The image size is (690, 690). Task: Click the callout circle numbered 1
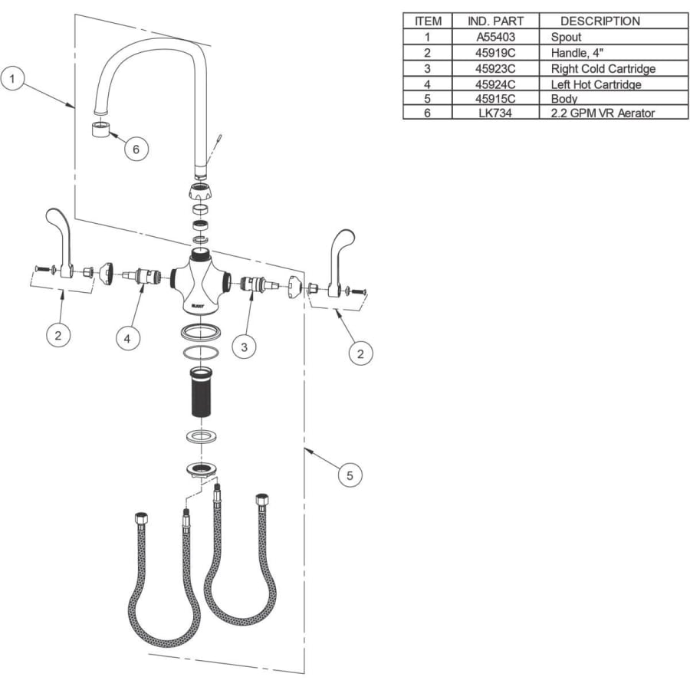click(12, 78)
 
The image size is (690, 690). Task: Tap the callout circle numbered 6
click(136, 149)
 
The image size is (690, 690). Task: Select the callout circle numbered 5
click(350, 475)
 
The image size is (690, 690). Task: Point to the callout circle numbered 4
click(127, 338)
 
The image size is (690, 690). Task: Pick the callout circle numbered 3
click(245, 347)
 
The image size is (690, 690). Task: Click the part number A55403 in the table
click(495, 37)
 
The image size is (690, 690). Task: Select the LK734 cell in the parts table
click(495, 113)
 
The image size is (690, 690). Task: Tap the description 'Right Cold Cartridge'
click(603, 69)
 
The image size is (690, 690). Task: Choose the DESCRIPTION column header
click(600, 21)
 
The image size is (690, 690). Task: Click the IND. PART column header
click(495, 21)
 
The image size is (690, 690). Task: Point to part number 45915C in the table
click(495, 99)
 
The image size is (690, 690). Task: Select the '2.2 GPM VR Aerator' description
click(603, 113)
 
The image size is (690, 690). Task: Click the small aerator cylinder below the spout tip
click(100, 129)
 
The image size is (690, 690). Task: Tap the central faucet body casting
click(201, 282)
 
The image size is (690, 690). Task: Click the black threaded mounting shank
click(201, 392)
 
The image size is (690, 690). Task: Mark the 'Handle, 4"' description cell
click(577, 53)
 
